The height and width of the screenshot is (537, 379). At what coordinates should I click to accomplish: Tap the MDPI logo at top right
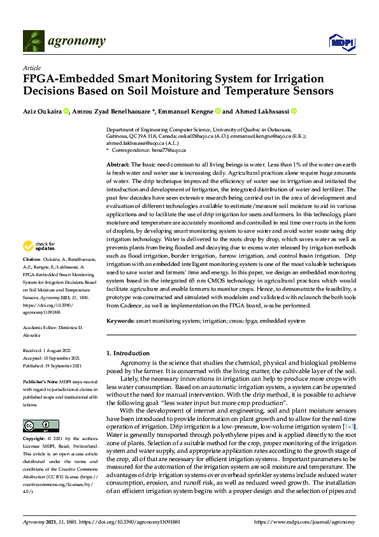[x=340, y=43]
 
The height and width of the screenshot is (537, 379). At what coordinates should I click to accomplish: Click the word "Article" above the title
[x=31, y=68]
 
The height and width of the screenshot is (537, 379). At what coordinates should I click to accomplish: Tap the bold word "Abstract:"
[x=118, y=165]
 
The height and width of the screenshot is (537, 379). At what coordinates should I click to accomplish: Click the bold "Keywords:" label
[x=120, y=321]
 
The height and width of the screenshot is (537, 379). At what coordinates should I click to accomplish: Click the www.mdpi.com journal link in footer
[x=305, y=522]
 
